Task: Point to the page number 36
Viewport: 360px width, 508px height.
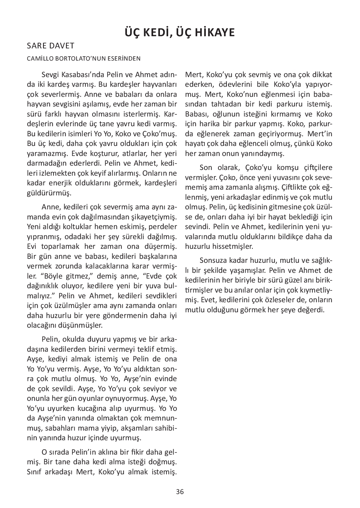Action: point(180,492)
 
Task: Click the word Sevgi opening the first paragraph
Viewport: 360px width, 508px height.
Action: point(51,75)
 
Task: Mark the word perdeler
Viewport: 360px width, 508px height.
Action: point(163,227)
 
